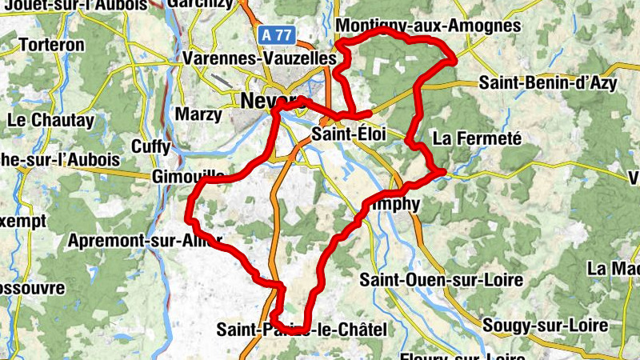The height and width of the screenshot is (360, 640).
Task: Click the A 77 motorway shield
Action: click(278, 35)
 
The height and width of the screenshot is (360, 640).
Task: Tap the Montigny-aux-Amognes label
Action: click(429, 26)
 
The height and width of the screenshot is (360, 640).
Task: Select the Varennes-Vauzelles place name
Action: click(259, 59)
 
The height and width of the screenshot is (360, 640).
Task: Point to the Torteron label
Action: click(50, 46)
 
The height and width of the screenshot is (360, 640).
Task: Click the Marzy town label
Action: click(198, 114)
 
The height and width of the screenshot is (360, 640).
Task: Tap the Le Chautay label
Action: click(50, 121)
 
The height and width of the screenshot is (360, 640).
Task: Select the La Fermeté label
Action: click(477, 139)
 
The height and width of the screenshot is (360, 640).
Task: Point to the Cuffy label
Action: click(151, 146)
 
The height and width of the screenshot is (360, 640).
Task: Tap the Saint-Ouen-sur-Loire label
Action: click(441, 280)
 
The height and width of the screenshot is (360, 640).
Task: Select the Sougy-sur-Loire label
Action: click(545, 326)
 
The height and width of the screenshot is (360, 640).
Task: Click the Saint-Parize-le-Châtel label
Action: click(302, 330)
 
